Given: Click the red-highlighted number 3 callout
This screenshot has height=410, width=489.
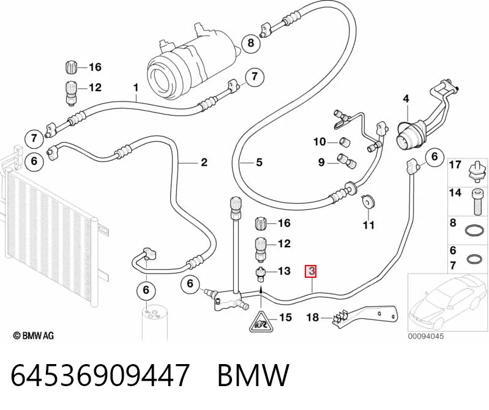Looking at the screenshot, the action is pyautogui.click(x=312, y=272).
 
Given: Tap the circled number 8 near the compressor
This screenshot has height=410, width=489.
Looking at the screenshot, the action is pyautogui.click(x=251, y=43).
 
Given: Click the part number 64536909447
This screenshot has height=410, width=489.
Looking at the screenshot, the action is pyautogui.click(x=100, y=375).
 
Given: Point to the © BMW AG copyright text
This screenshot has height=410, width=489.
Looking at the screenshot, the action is pyautogui.click(x=34, y=336).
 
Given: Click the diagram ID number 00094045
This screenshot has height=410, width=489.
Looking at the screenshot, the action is pyautogui.click(x=426, y=336).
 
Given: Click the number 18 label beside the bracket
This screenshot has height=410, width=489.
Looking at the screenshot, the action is pyautogui.click(x=313, y=318).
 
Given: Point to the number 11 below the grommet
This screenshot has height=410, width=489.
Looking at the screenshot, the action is pyautogui.click(x=368, y=225).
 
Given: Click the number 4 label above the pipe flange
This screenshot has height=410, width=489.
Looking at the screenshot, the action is pyautogui.click(x=406, y=99).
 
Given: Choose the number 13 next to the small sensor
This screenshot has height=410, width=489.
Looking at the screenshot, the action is pyautogui.click(x=284, y=270).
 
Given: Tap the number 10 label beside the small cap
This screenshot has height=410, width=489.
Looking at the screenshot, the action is pyautogui.click(x=319, y=142).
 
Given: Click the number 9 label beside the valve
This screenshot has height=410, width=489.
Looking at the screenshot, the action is pyautogui.click(x=321, y=162).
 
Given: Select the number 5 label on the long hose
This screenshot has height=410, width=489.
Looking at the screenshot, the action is pyautogui.click(x=259, y=162).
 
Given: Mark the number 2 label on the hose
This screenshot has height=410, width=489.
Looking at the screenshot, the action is pyautogui.click(x=204, y=162).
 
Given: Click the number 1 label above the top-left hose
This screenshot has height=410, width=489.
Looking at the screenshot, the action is pyautogui.click(x=136, y=88).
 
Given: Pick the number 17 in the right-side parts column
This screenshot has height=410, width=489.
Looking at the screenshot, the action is pyautogui.click(x=455, y=165).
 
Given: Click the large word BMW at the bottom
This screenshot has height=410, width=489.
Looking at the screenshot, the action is pyautogui.click(x=253, y=375).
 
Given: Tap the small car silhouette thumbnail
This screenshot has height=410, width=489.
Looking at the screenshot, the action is pyautogui.click(x=447, y=302).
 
